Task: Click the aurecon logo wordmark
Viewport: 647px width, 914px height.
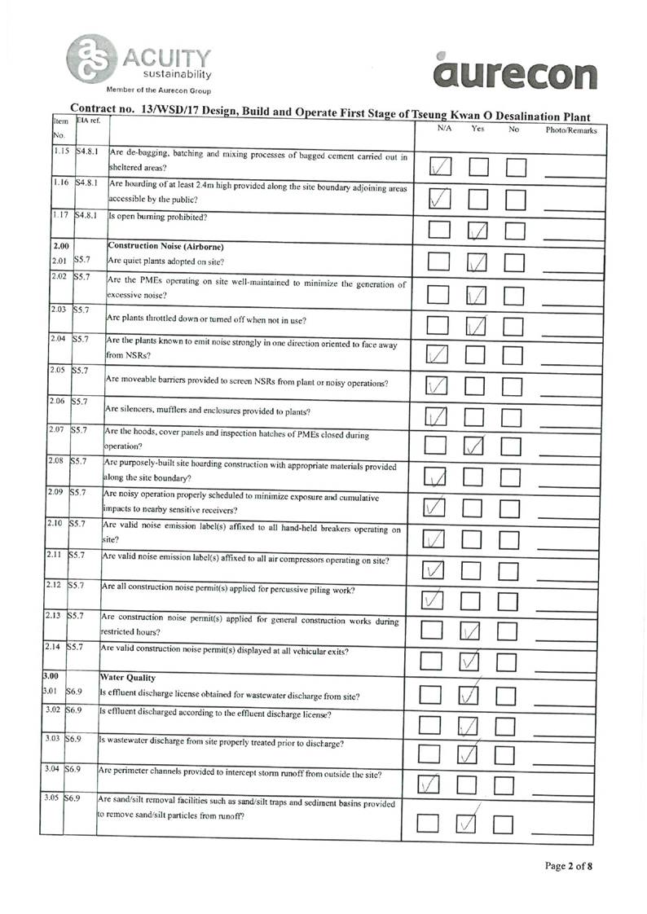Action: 513,74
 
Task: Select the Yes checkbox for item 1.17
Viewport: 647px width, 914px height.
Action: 478,232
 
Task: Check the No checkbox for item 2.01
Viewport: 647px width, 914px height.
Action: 515,263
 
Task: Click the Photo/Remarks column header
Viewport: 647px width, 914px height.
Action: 571,130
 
